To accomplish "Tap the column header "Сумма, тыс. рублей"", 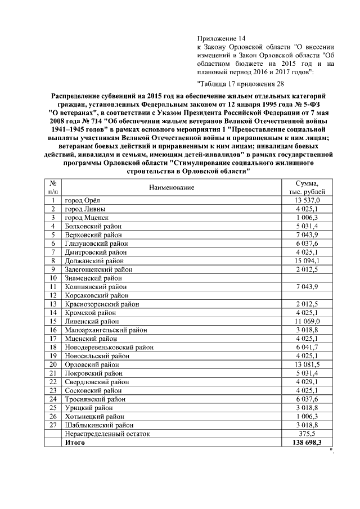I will point(308,187).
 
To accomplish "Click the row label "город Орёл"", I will point(82,200).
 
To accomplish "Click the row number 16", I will point(53,330).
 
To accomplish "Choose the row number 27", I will point(53,425).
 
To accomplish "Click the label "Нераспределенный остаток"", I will point(107,434).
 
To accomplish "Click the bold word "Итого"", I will point(75,443).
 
